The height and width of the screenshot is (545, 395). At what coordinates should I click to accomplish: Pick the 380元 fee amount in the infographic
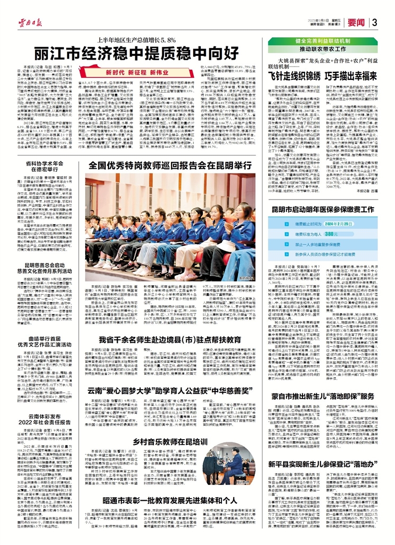(x=344, y=234)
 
